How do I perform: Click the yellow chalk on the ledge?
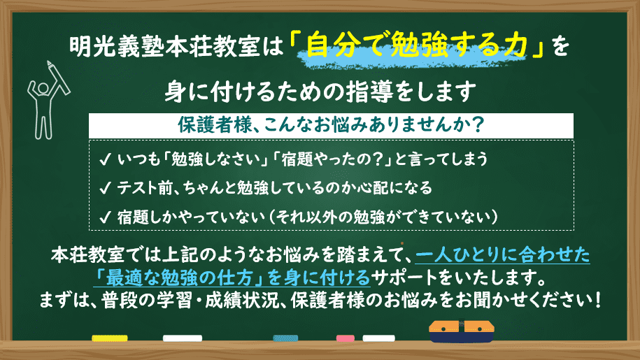point(109,338)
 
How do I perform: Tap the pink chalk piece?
point(345,338)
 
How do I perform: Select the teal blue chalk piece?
point(285,338)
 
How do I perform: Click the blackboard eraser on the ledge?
point(461,331)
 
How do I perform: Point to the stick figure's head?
point(43,88)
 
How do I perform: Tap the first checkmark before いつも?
point(105,159)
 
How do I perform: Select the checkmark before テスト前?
point(105,188)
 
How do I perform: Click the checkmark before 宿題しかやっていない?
point(105,217)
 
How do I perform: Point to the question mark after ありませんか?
point(477,125)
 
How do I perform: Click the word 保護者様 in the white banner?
point(215,125)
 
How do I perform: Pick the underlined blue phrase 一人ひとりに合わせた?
point(502,255)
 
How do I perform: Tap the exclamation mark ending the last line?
point(598,301)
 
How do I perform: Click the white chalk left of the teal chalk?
point(183,338)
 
